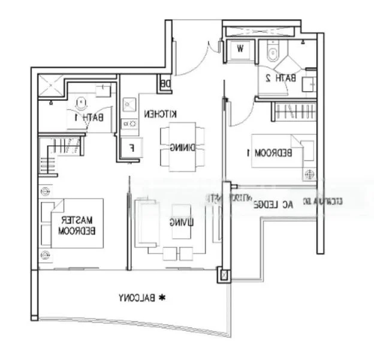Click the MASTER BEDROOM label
pyautogui.click(x=79, y=224)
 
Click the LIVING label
pyautogui.click(x=180, y=222)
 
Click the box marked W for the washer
pyautogui.click(x=239, y=50)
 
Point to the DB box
pyautogui.click(x=164, y=85)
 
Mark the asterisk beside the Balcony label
pyautogui.click(x=161, y=297)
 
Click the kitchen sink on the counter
pyautogui.click(x=128, y=105)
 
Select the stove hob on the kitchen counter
pyautogui.click(x=128, y=124)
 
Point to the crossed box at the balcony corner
pyautogui.click(x=225, y=275)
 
